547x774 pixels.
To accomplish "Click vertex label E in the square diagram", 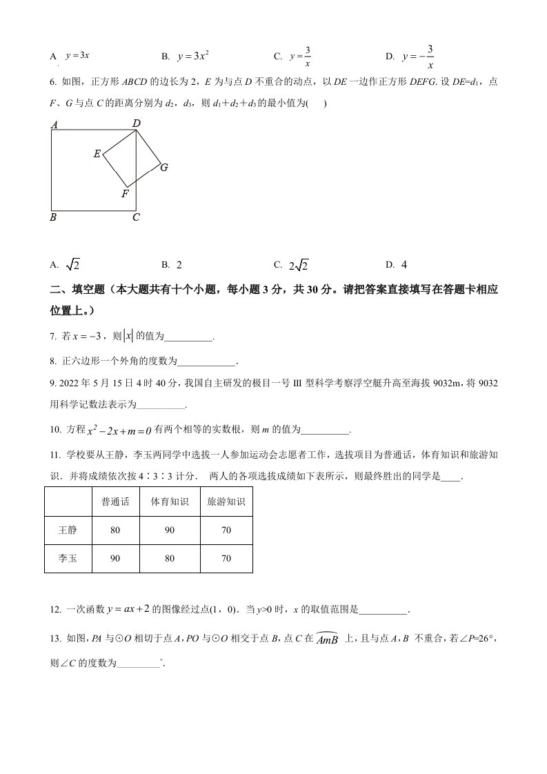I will click(x=97, y=154).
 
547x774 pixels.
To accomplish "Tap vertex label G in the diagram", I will click(x=164, y=167).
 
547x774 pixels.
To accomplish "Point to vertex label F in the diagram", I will click(x=125, y=194).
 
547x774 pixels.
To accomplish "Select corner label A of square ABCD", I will click(x=54, y=125).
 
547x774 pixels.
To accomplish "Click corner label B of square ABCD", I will click(x=54, y=217).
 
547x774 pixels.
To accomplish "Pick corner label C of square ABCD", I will click(x=137, y=217).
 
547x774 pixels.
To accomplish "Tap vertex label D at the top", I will click(x=137, y=123).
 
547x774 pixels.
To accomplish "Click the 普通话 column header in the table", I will click(x=115, y=502).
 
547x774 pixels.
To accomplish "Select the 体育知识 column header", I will click(x=169, y=502).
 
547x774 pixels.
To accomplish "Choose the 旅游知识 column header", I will click(x=226, y=502).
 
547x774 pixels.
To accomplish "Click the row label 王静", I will click(x=68, y=530).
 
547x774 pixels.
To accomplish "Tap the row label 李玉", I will click(x=68, y=559).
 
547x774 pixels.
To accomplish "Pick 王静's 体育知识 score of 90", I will click(x=169, y=530).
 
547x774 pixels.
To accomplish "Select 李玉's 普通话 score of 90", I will click(x=115, y=559).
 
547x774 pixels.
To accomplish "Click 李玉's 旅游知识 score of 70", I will click(x=226, y=559).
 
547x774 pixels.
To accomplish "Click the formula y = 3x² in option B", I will click(x=194, y=56).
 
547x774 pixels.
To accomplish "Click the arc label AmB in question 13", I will click(x=326, y=639).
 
